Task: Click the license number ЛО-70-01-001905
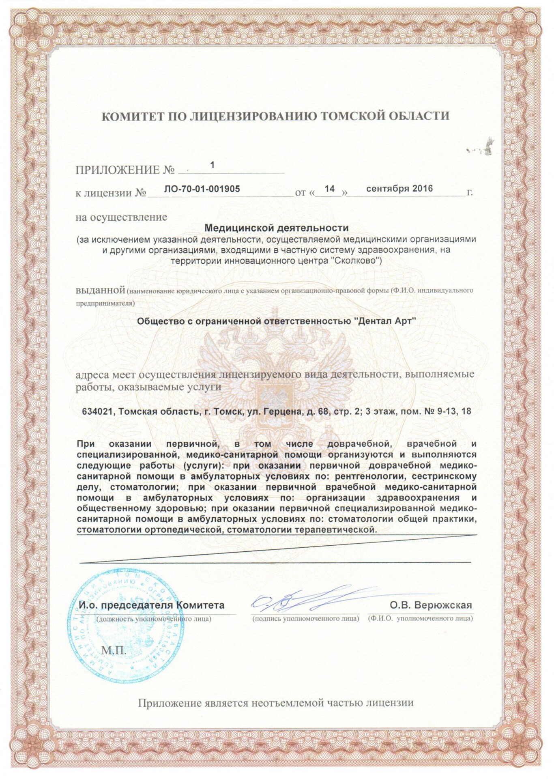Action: click(x=202, y=189)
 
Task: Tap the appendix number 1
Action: click(x=212, y=165)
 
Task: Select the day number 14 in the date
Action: click(x=330, y=189)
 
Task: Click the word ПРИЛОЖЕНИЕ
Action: click(x=118, y=170)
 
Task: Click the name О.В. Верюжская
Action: click(x=431, y=605)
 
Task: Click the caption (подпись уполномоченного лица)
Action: click(x=305, y=619)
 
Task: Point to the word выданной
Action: click(x=100, y=291)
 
